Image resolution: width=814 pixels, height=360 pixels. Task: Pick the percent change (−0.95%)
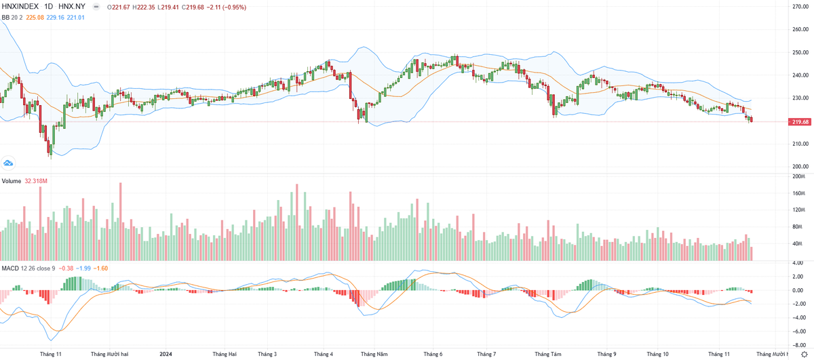pos(233,7)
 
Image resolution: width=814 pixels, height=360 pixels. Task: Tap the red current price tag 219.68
pos(799,122)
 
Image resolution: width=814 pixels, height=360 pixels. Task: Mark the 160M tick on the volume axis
pos(798,193)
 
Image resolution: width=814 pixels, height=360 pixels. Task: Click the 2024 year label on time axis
pos(166,354)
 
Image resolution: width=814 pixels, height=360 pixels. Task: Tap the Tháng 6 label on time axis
pos(433,354)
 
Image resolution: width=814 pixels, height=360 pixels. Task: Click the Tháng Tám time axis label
pos(547,354)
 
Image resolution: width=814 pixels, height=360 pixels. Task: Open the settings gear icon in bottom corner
pos(804,354)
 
